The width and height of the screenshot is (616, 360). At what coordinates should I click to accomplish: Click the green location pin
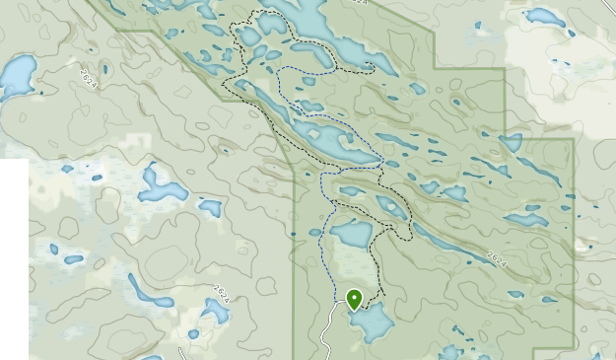pos(354,299)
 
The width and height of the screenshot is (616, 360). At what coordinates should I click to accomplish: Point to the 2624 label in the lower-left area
pos(222,293)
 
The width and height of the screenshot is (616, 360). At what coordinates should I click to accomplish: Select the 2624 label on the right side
pos(497,257)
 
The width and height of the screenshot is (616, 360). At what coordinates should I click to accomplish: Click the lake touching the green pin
pos(372,322)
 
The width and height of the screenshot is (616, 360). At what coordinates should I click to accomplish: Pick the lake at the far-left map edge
pos(17,76)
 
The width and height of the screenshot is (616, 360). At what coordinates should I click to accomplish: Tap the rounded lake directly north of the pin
pos(351,234)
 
